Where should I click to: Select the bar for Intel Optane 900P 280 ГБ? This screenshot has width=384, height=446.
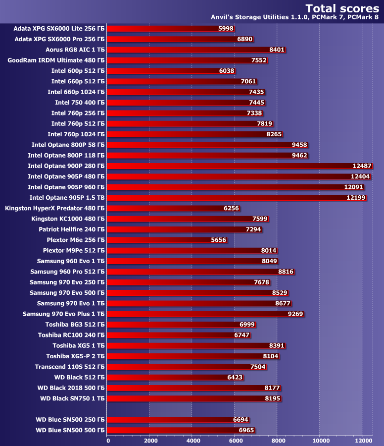click(x=238, y=166)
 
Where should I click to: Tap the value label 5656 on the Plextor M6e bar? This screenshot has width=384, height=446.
click(x=219, y=240)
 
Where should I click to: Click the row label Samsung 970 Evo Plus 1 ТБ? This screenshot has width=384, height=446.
click(x=63, y=314)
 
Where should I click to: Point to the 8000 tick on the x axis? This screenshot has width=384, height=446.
click(x=278, y=440)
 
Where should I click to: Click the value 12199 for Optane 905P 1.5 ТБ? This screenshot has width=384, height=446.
click(x=356, y=198)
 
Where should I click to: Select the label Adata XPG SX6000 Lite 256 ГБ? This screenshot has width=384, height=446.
click(x=59, y=29)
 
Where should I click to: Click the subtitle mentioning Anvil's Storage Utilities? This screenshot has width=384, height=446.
click(x=295, y=17)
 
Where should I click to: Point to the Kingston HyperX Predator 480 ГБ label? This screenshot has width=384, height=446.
click(x=54, y=208)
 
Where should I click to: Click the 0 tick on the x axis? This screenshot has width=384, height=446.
click(x=108, y=440)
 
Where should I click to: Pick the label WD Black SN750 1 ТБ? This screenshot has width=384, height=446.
click(x=72, y=398)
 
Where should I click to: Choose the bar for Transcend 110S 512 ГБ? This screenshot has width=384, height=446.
click(x=178, y=367)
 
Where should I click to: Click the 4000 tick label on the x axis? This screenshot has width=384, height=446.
click(x=192, y=440)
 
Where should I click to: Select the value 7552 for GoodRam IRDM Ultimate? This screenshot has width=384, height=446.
click(x=259, y=60)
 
